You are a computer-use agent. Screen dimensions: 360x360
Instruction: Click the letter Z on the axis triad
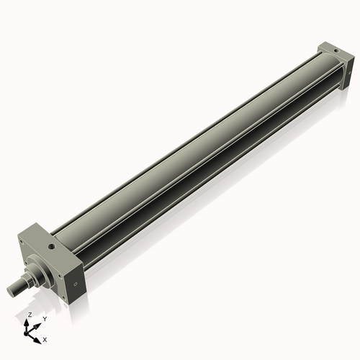point(30,315)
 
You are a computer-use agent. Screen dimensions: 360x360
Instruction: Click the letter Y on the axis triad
point(45,318)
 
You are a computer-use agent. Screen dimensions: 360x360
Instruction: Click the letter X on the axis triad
point(45,338)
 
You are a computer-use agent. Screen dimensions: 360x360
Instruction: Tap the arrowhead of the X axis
point(39,336)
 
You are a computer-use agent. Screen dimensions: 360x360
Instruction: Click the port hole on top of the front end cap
point(52,247)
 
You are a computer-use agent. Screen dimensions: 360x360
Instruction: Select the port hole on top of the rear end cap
point(333,51)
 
